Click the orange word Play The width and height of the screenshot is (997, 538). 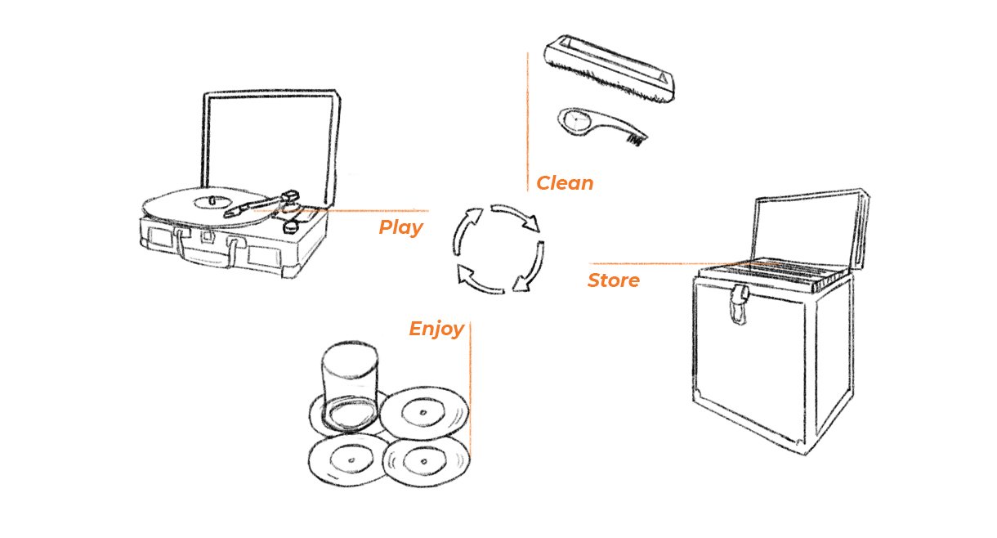(400, 227)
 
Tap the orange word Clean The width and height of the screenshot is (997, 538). (564, 183)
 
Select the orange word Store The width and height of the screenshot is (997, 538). (613, 281)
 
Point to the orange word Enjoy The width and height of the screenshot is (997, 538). (436, 330)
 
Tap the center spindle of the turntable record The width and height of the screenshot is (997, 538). (211, 199)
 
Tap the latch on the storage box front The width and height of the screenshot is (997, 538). (740, 303)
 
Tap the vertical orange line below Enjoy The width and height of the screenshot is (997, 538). (470, 392)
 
